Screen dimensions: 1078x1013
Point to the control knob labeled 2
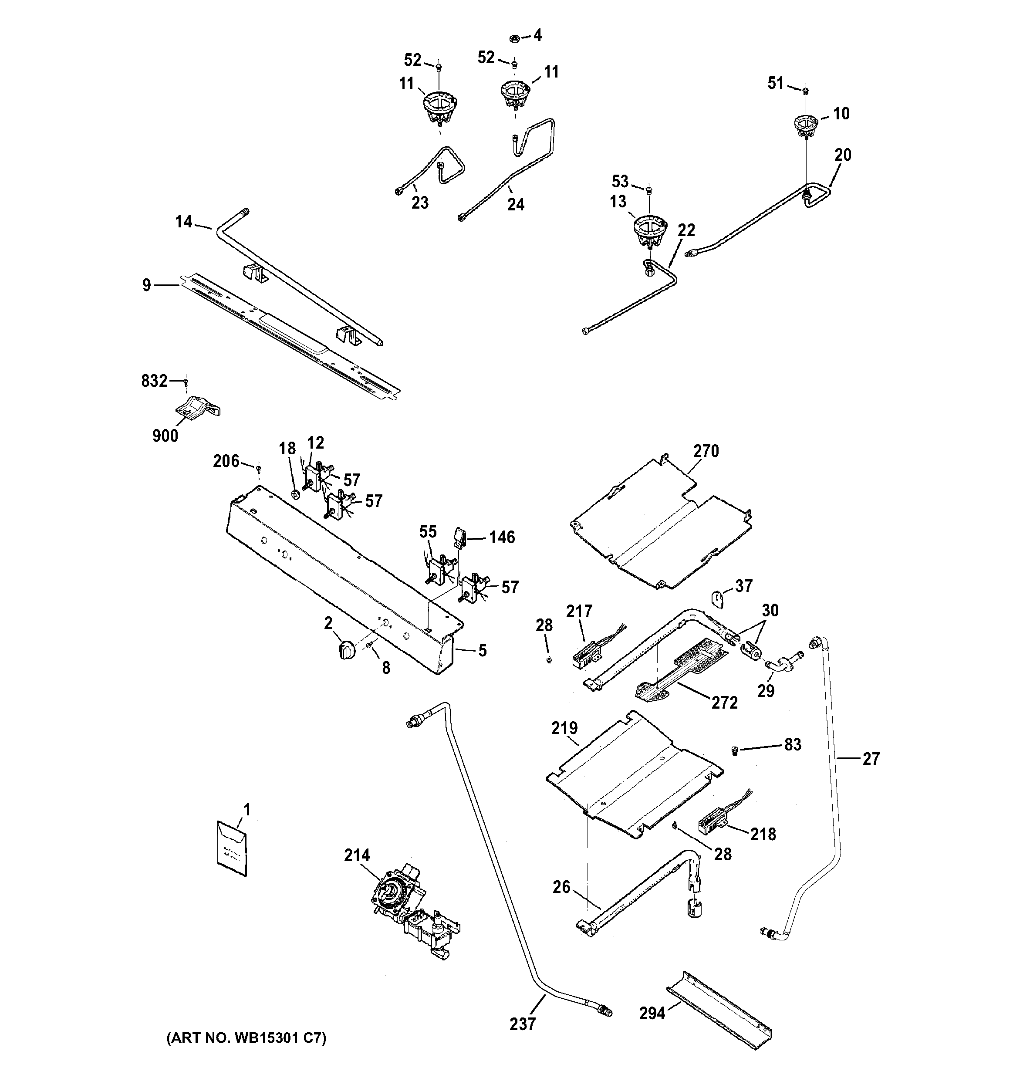(344, 649)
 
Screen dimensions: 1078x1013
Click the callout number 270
(706, 451)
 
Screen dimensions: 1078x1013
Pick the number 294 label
(652, 1012)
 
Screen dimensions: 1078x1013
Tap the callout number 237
(523, 1024)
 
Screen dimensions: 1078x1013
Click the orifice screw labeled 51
(806, 89)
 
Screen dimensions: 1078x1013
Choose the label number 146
(502, 537)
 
